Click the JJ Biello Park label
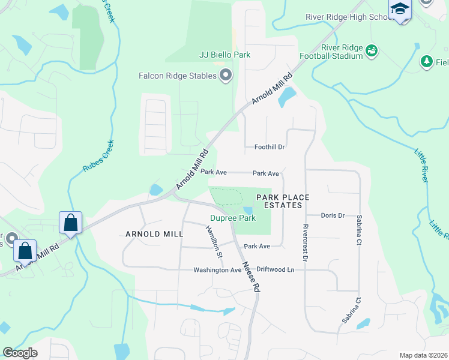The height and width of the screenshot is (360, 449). (x=224, y=55)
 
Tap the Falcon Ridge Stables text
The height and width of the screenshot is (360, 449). (x=177, y=76)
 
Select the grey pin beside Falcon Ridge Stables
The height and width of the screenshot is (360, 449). (x=226, y=76)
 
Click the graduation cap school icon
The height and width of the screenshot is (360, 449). (x=399, y=10)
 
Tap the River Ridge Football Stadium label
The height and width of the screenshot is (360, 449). (x=342, y=52)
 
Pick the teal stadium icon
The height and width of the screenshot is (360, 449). (x=372, y=51)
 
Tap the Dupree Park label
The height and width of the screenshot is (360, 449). (x=232, y=218)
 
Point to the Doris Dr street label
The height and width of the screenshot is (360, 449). (x=333, y=215)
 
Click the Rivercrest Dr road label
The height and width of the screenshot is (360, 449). (x=305, y=243)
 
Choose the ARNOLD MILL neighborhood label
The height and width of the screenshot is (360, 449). (x=154, y=233)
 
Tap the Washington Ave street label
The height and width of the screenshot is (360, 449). (x=217, y=270)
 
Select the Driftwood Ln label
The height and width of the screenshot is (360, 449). (x=276, y=270)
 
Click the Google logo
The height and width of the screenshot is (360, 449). (x=20, y=353)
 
